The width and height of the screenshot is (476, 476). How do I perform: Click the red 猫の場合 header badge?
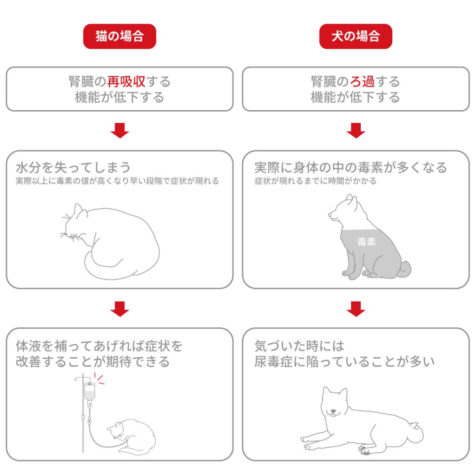point(119,37)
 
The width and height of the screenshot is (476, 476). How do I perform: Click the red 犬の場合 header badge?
point(356,37)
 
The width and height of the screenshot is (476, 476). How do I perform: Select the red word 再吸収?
point(126,82)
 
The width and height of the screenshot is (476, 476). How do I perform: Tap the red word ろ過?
point(362,82)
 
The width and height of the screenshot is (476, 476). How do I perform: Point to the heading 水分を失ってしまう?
point(73,167)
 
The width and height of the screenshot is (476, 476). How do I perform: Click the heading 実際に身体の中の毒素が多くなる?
point(350,167)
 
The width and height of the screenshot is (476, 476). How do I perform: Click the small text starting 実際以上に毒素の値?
point(117,181)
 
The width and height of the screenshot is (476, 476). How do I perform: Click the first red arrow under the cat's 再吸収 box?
point(119,131)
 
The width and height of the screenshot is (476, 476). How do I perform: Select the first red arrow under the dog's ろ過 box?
point(356,131)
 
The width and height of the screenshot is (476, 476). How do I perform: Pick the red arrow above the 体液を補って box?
point(119,309)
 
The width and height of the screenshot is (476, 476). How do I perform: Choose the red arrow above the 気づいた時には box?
point(356,309)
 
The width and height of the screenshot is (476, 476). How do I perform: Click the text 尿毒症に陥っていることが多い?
point(344,362)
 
